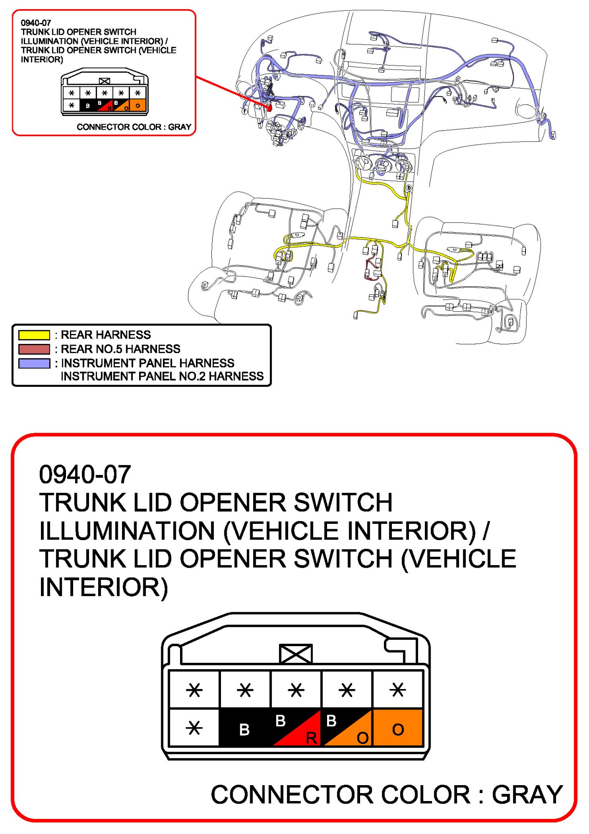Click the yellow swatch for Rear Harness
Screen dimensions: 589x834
tap(34, 335)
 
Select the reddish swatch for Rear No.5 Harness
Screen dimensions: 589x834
tap(34, 349)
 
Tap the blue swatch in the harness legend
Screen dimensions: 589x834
tap(34, 363)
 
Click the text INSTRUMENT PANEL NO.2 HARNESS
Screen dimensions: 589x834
tap(162, 377)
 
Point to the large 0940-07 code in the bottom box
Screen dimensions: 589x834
tap(85, 475)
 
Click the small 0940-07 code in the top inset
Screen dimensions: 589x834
tap(36, 23)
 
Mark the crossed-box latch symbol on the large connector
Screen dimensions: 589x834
tap(296, 654)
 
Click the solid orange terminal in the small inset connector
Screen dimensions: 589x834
tap(138, 105)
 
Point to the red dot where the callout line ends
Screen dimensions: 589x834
tap(269, 108)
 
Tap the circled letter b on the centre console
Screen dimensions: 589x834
tap(409, 188)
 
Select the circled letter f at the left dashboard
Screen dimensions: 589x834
tap(244, 111)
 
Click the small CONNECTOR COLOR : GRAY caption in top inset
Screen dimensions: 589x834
tap(134, 127)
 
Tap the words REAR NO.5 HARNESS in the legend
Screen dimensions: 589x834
tap(121, 349)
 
